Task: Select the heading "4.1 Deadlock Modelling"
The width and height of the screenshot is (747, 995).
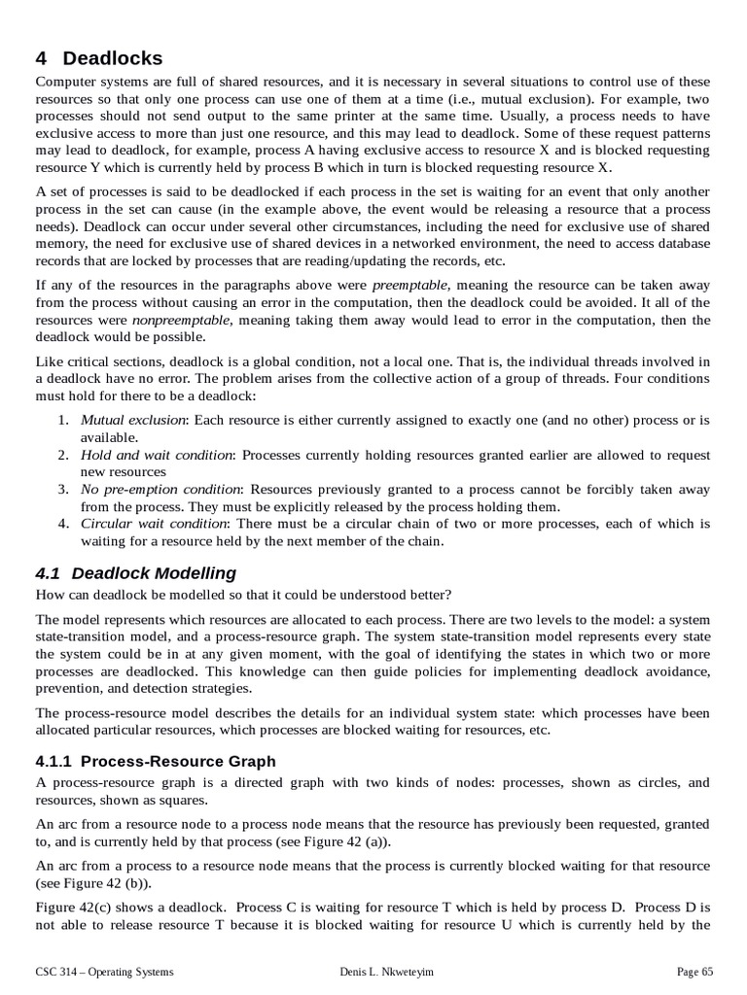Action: tap(135, 573)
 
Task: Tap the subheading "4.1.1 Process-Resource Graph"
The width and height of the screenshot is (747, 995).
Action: tap(156, 761)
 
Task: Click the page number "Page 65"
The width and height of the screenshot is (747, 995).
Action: tap(694, 971)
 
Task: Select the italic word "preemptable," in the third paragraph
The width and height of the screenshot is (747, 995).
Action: tap(411, 285)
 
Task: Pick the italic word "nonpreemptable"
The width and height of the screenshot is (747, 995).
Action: tap(182, 320)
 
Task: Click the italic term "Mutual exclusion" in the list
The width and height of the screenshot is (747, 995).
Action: tap(132, 420)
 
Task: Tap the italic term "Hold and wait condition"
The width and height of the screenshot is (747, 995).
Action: tap(157, 455)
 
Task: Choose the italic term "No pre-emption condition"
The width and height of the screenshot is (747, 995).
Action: tap(160, 489)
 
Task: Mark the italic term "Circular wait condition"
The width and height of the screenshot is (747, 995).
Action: tap(154, 524)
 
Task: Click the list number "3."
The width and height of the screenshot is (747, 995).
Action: tap(62, 489)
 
